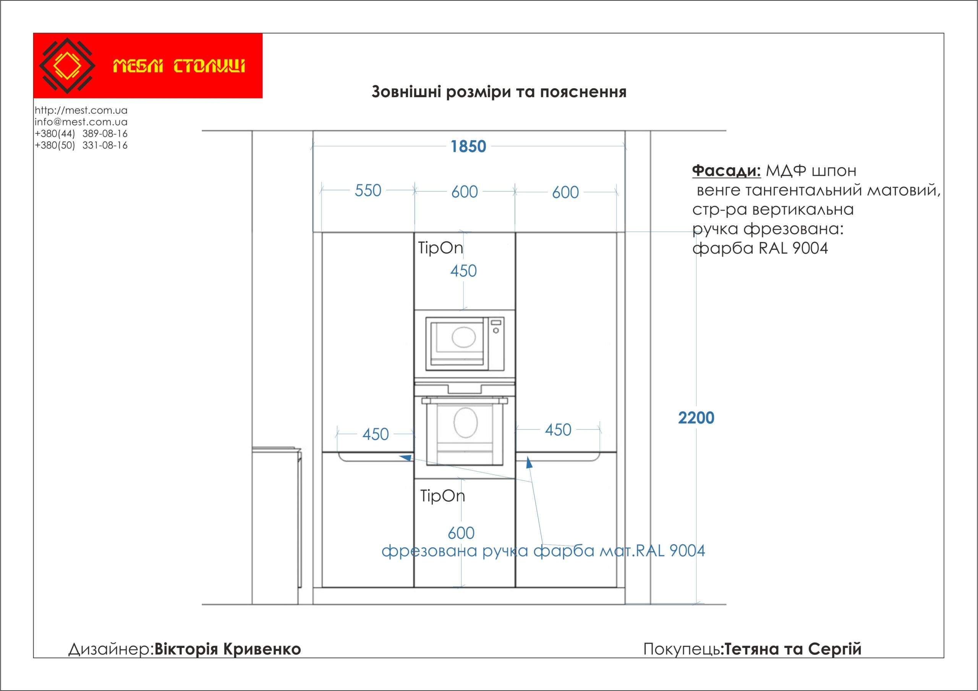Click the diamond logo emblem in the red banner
(x=67, y=66)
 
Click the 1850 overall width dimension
(x=468, y=146)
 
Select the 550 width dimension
(x=368, y=190)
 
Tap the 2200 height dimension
(x=696, y=418)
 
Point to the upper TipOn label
(x=440, y=248)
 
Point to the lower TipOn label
(x=442, y=496)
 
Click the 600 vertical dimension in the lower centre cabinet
(x=461, y=533)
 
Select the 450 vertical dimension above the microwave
(x=463, y=271)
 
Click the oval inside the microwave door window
(x=463, y=337)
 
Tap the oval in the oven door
(x=465, y=423)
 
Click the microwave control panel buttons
(x=496, y=326)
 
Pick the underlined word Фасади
(x=726, y=170)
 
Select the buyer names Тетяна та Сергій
(x=793, y=649)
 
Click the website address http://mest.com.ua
(x=81, y=110)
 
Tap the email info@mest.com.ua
(x=81, y=122)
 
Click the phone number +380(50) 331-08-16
(x=81, y=145)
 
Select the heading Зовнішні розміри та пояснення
(x=499, y=92)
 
